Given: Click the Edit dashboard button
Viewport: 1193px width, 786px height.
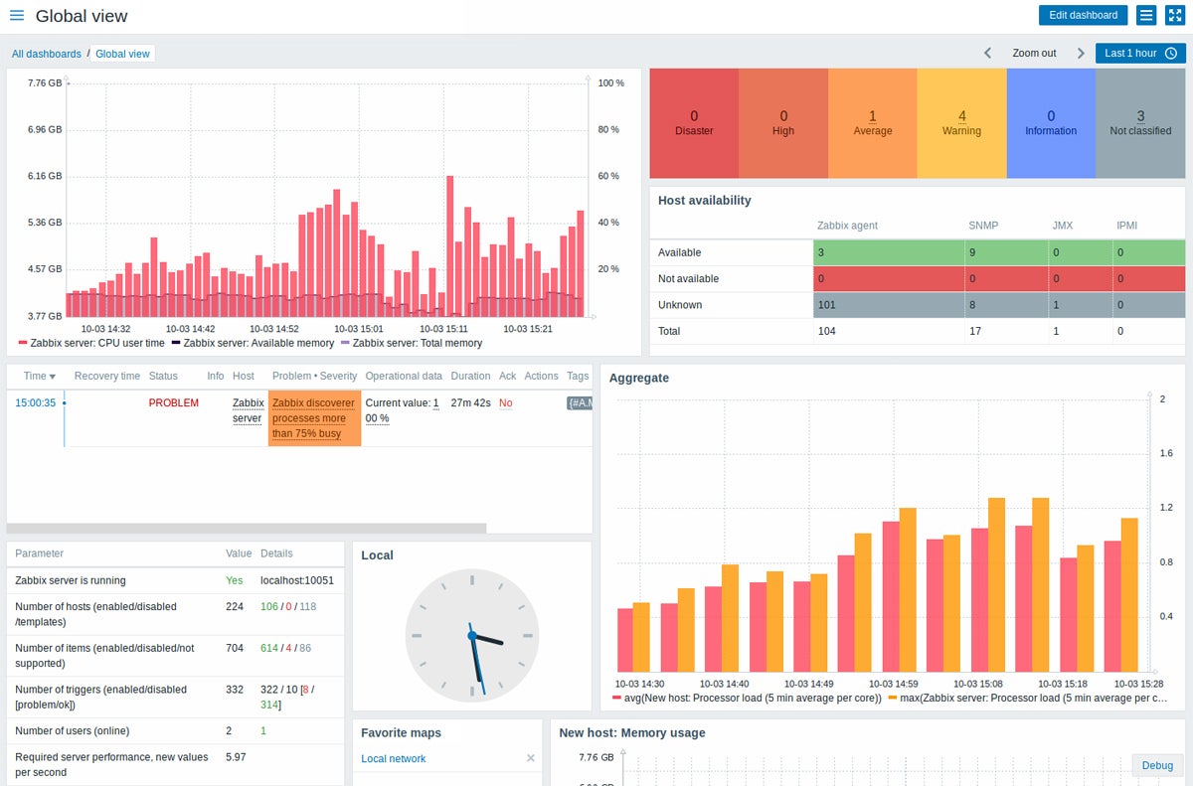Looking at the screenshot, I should tap(1083, 15).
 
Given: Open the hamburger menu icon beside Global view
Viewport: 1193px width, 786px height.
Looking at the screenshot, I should tap(17, 16).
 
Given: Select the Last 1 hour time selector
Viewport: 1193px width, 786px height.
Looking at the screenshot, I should tap(1140, 53).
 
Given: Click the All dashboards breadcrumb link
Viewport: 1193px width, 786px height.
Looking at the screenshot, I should tap(47, 54).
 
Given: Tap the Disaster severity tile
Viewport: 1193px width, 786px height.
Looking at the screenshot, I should tap(694, 123).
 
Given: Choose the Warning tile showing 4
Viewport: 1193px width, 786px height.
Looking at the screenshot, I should tap(961, 123).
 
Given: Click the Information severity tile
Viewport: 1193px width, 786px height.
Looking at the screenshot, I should tap(1051, 123).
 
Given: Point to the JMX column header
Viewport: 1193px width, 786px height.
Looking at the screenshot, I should tap(1062, 226).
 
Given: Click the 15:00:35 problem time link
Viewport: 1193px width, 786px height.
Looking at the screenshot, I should tap(35, 402).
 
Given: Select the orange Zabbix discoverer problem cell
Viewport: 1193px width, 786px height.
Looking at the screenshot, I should tap(314, 418).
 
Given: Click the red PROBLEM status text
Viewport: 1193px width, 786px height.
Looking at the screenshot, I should tap(173, 402).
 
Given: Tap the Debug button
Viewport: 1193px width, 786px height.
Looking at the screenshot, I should tap(1157, 765).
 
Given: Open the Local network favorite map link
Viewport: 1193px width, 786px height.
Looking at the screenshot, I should tap(394, 758).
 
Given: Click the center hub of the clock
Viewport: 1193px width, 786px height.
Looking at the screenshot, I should tap(472, 635).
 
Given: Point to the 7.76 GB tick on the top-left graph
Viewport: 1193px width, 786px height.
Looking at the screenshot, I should tap(45, 83).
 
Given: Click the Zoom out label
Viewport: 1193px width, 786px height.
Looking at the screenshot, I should tap(1034, 53).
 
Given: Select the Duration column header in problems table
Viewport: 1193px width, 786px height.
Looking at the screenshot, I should tap(470, 376).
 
